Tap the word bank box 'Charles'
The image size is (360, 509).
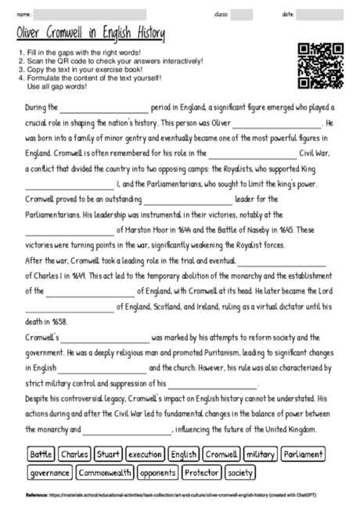[x=74, y=454]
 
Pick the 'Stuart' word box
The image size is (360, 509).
[x=109, y=454]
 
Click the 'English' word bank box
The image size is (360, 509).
[x=184, y=454]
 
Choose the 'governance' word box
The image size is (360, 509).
[x=49, y=473]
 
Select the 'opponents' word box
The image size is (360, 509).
[x=159, y=473]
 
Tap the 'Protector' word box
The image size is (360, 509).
[x=201, y=473]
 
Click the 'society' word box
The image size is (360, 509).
[x=240, y=473]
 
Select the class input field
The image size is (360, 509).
[x=242, y=14]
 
